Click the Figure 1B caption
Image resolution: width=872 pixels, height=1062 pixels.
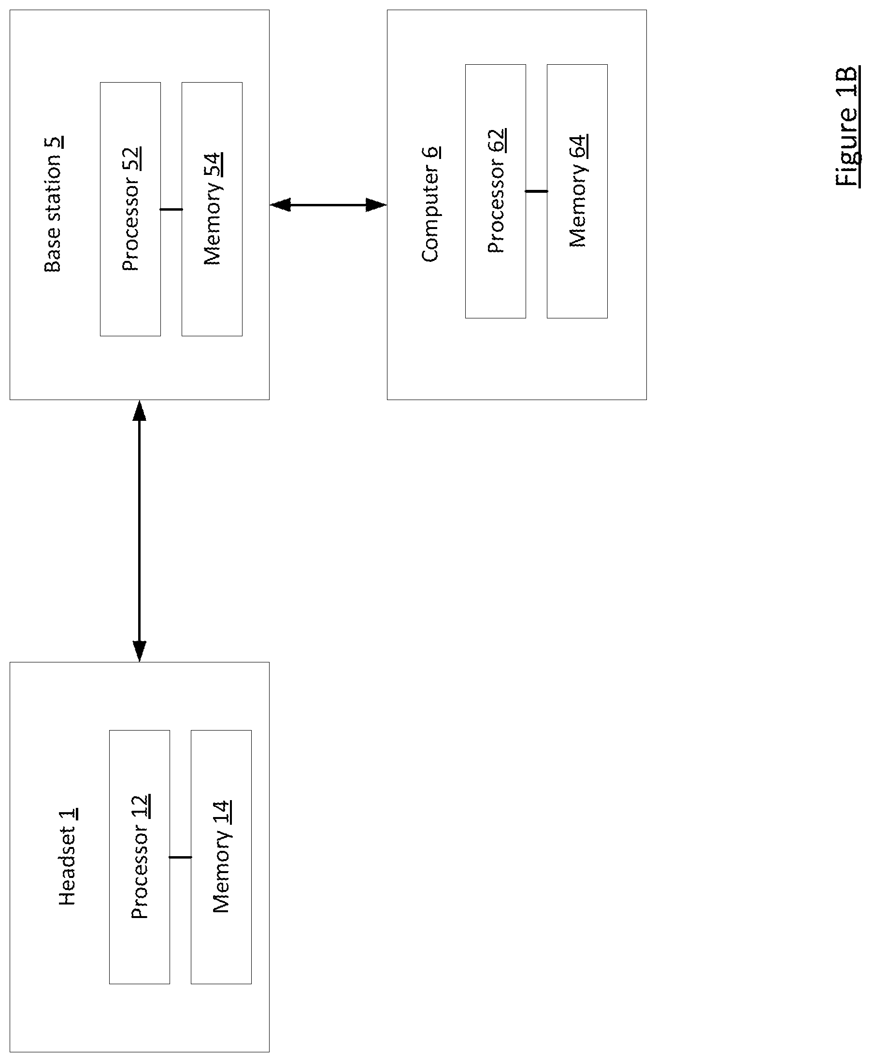pos(848,127)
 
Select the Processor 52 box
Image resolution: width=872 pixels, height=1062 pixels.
pos(130,209)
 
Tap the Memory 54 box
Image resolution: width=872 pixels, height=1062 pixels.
pos(212,209)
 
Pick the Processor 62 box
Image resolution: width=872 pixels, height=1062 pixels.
pos(495,191)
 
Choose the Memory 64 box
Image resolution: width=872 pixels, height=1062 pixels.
pos(577,191)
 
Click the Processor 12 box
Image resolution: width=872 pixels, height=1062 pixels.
pos(140,857)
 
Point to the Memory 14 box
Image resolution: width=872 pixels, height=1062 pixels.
pos(221,857)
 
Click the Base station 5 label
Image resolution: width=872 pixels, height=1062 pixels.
pos(53,204)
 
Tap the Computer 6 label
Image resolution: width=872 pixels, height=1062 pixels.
pos(430,204)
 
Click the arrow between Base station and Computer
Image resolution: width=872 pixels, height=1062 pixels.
pos(328,205)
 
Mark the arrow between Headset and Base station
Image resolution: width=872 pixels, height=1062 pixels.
pos(139,531)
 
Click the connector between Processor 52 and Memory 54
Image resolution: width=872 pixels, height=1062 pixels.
pos(172,209)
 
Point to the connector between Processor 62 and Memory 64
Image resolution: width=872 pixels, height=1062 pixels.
pos(536,191)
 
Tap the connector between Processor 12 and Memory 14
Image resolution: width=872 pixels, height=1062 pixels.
pos(180,857)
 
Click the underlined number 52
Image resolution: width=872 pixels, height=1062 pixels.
pos(131,159)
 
